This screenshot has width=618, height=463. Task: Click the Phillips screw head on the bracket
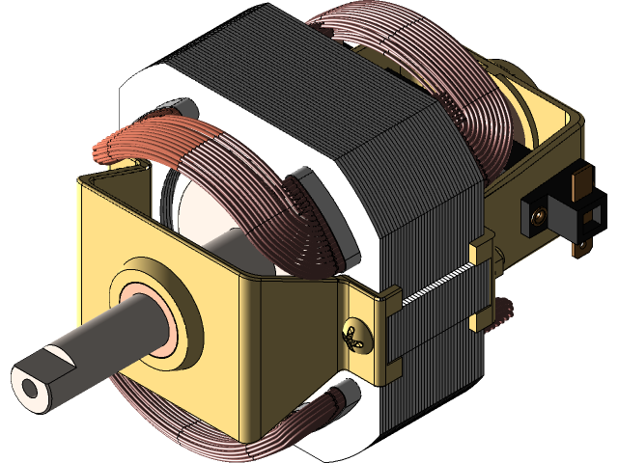(x=356, y=337)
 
